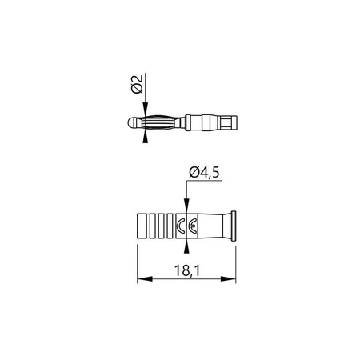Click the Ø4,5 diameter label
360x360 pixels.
tap(204, 171)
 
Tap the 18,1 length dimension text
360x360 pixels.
tap(187, 273)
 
